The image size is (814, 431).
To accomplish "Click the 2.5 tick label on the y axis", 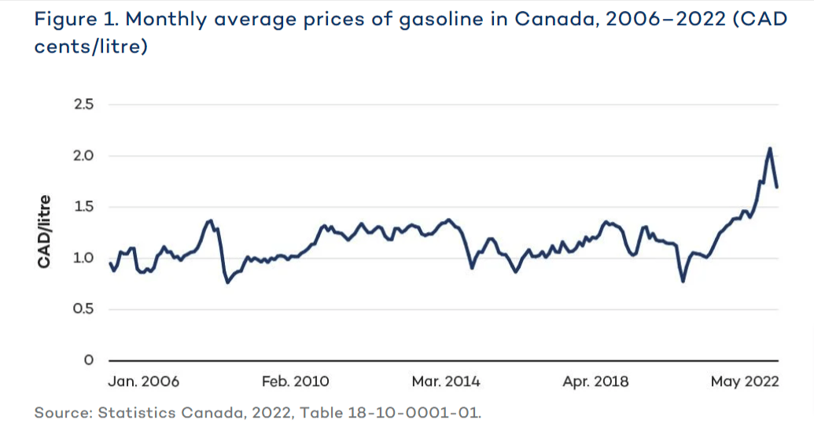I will click(83, 105).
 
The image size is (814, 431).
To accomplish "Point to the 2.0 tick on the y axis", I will click(83, 156).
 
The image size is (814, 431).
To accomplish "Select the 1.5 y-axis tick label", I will click(83, 207).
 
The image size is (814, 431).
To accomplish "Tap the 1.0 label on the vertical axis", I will click(83, 258).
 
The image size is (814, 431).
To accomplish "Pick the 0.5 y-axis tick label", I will click(83, 309).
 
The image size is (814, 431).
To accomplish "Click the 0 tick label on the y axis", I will click(88, 360).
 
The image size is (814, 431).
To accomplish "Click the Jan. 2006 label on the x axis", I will click(143, 382).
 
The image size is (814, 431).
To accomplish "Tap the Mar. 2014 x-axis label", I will click(446, 382).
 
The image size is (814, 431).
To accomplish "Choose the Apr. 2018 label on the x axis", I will click(596, 382).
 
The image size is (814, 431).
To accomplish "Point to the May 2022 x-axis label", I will click(744, 382).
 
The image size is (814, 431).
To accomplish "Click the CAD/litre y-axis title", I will click(45, 231).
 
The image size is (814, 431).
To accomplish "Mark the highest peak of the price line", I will click(770, 148).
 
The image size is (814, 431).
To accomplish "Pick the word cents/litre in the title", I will click(91, 46).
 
